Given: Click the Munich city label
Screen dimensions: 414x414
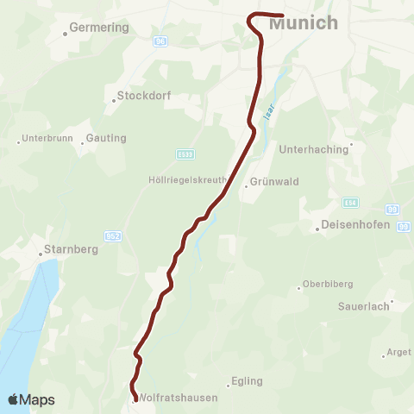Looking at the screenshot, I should coord(304,23).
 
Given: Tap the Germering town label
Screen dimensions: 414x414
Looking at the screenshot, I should coord(99,28).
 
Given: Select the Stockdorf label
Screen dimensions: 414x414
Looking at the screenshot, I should coord(141,96).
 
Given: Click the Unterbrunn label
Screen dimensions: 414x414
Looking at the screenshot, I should coord(44,138).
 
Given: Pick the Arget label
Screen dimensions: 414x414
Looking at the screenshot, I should coord(399,352).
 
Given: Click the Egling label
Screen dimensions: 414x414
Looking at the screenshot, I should coord(247,381).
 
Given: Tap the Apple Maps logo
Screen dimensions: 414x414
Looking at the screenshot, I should coord(31,399).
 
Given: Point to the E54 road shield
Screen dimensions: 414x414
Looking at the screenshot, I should coord(349,202).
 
